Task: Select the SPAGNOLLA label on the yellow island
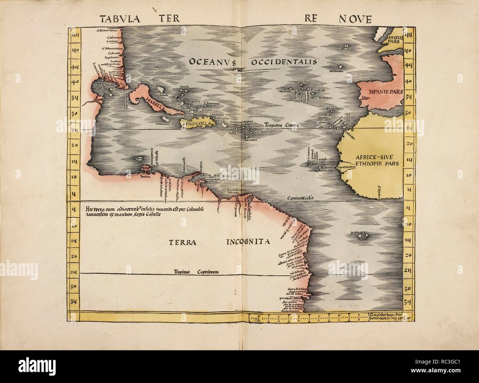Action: coord(195,124)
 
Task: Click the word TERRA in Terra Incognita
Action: coord(183,242)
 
